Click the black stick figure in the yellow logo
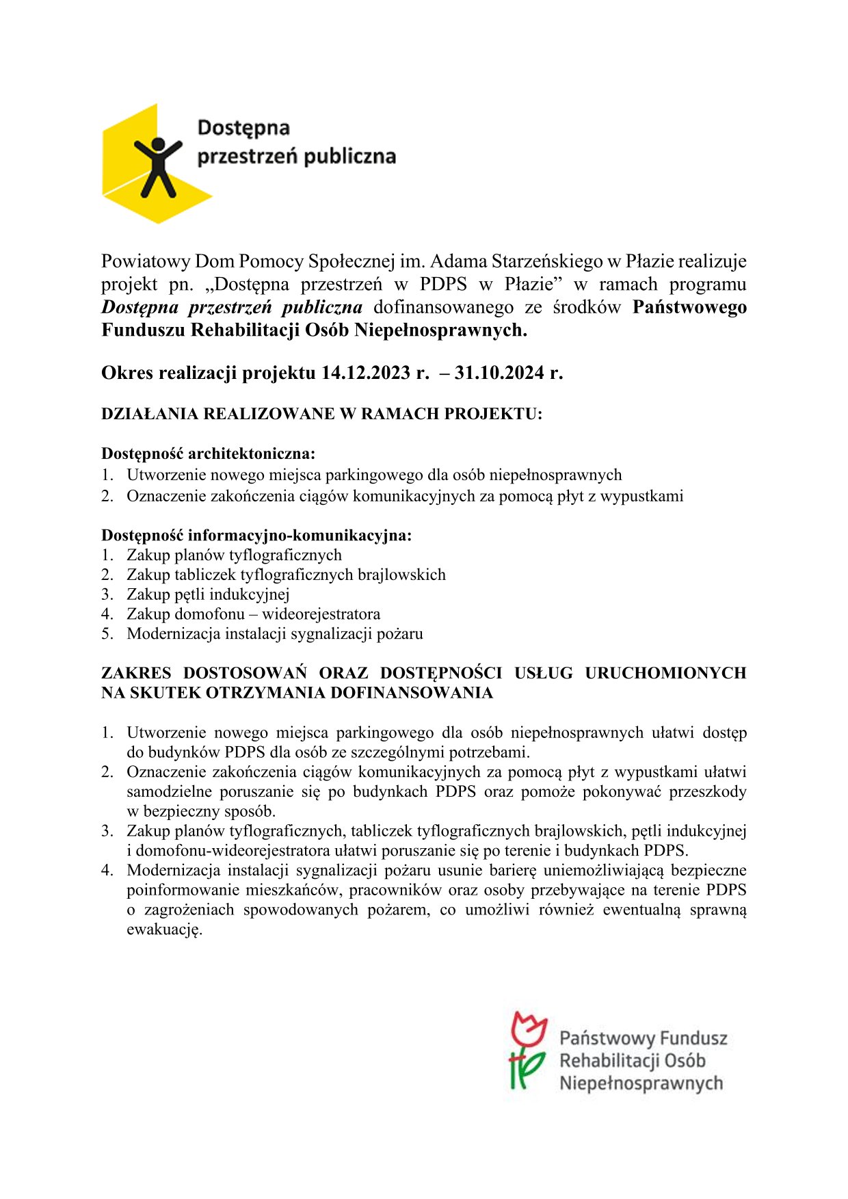(x=157, y=166)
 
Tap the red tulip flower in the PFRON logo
(x=529, y=1029)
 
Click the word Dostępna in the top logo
(x=243, y=128)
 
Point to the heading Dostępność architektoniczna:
(x=208, y=453)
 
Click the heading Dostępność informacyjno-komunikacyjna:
(x=256, y=535)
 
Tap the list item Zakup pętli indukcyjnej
(x=208, y=594)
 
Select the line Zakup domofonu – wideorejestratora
(x=253, y=614)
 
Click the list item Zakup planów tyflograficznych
(x=234, y=555)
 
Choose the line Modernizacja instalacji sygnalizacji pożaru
(x=274, y=634)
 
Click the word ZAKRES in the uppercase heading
(x=136, y=673)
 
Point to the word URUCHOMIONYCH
(x=665, y=673)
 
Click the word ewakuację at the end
(x=164, y=930)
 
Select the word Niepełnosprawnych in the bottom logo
(x=641, y=1083)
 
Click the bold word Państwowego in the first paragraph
(x=689, y=307)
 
